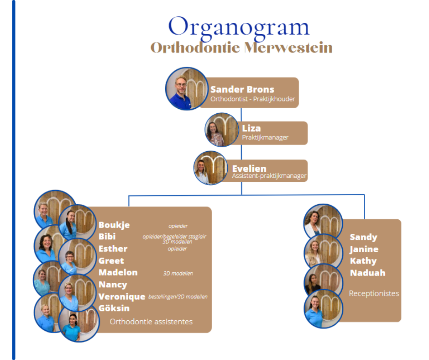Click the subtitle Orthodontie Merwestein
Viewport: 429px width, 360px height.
(x=241, y=48)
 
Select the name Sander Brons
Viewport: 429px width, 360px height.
(x=242, y=90)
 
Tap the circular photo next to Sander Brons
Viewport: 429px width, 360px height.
(x=187, y=89)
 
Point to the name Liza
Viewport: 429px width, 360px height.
(x=251, y=128)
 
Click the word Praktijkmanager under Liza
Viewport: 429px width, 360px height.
(x=265, y=137)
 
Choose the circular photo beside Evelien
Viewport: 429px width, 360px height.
(x=211, y=168)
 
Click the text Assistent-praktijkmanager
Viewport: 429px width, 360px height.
(x=269, y=176)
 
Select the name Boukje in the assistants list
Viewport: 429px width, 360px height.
(x=114, y=225)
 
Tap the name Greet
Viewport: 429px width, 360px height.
(x=111, y=260)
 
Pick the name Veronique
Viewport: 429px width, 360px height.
(x=122, y=296)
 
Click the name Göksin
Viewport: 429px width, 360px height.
(x=114, y=308)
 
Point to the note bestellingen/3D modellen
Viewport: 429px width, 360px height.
(x=178, y=296)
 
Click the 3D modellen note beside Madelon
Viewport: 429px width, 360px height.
(x=178, y=273)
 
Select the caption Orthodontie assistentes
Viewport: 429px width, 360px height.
(x=151, y=322)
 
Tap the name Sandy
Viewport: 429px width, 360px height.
(x=363, y=237)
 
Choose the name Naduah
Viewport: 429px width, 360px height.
(x=368, y=273)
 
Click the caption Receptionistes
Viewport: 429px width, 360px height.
(x=374, y=293)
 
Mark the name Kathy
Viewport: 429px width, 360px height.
(x=363, y=261)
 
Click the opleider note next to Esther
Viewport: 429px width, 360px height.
(x=177, y=249)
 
